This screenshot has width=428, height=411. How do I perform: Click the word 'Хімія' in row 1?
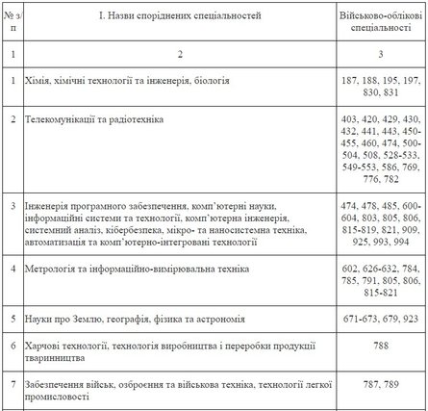click(x=38, y=80)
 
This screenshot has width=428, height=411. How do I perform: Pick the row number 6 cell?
click(x=10, y=345)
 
